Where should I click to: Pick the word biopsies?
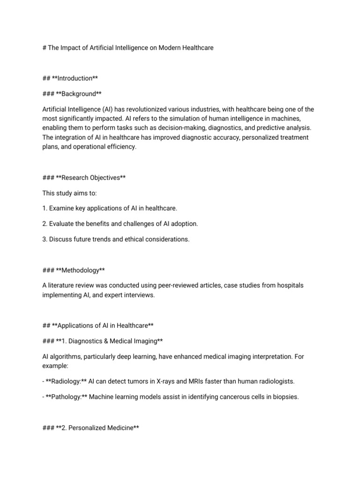[284, 397]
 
